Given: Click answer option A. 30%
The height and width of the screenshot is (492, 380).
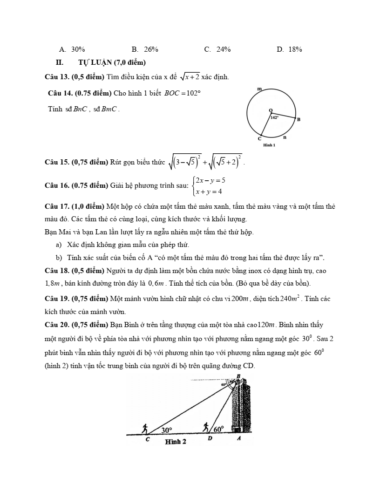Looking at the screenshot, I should click(72, 49).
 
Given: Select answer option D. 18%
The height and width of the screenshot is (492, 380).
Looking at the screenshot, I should click(289, 49).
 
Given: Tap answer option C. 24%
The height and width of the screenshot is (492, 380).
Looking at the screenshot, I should click(217, 49).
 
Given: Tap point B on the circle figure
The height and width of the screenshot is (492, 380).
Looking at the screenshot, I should click(299, 120).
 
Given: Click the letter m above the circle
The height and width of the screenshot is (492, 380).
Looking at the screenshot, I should click(259, 88).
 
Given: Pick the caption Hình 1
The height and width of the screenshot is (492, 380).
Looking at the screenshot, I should click(269, 145).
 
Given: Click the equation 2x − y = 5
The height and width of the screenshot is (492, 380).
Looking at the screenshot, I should click(210, 180).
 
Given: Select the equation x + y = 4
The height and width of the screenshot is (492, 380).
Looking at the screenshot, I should click(209, 191).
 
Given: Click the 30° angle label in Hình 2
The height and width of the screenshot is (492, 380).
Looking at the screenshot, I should click(166, 430).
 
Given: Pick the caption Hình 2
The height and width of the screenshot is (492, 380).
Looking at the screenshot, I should click(176, 442).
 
